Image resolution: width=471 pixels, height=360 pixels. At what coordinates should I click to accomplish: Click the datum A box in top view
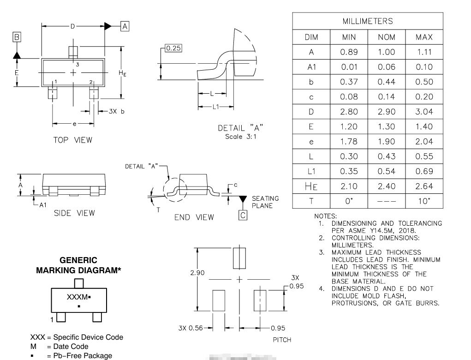125,26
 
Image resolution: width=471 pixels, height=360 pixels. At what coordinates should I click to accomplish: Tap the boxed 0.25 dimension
173,49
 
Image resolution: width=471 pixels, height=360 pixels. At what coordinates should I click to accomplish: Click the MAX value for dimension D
424,112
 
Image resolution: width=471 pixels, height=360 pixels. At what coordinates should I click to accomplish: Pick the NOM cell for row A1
386,67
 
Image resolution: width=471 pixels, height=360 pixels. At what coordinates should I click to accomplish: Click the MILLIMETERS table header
368,21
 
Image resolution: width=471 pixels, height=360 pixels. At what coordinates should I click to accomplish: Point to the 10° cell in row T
424,201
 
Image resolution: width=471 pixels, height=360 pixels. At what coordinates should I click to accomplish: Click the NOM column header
386,37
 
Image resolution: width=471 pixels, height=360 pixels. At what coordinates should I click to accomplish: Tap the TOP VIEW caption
72,140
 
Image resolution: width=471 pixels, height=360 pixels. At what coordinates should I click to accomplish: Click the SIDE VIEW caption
74,213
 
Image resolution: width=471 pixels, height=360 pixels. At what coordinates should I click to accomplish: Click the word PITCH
282,340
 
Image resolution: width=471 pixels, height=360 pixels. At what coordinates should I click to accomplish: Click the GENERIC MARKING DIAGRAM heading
78,265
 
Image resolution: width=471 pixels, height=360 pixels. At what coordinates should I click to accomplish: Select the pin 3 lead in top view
73,52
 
